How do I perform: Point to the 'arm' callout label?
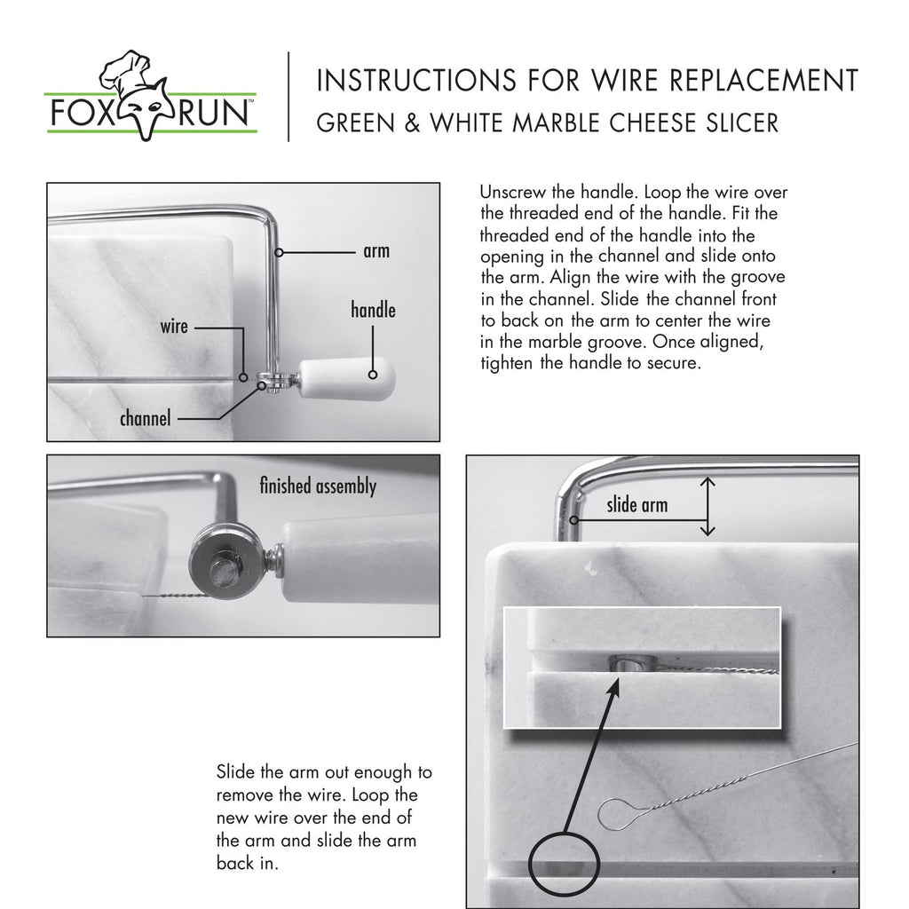point(376,251)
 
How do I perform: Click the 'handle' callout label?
point(373,311)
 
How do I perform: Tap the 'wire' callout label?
point(174,327)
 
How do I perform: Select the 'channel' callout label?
point(145,417)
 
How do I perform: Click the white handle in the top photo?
point(347,379)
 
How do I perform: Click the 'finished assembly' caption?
point(317,486)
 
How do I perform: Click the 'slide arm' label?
point(636,506)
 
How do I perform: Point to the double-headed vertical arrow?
point(707,506)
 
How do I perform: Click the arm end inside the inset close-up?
point(629,662)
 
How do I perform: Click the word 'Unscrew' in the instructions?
point(514,193)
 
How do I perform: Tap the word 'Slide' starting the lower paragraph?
point(236,772)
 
